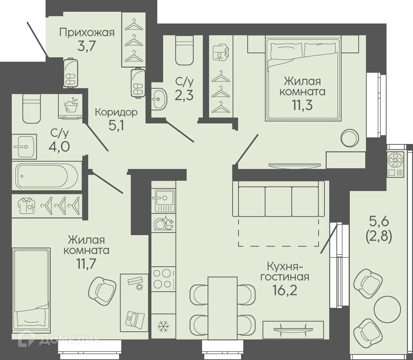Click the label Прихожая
pyautogui.click(x=87, y=32)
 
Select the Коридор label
pyautogui.click(x=116, y=112)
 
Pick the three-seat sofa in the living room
pyautogui.click(x=279, y=199)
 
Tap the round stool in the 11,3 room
pyautogui.click(x=349, y=138)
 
